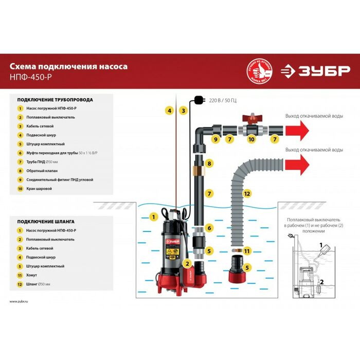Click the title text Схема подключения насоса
pos(68,66)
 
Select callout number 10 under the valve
pos(251,139)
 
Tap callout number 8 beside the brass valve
pos(209,164)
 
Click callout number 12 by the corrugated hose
pos(247,193)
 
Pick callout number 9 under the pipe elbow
pos(216,139)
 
